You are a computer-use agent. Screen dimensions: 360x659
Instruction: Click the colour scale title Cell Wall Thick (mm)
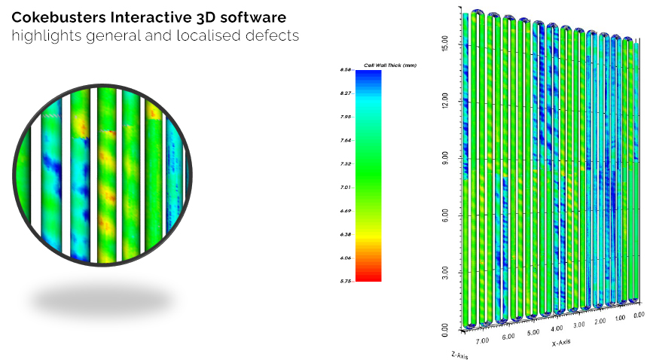pos(390,66)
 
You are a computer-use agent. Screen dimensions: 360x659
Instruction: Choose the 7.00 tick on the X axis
pos(481,340)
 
